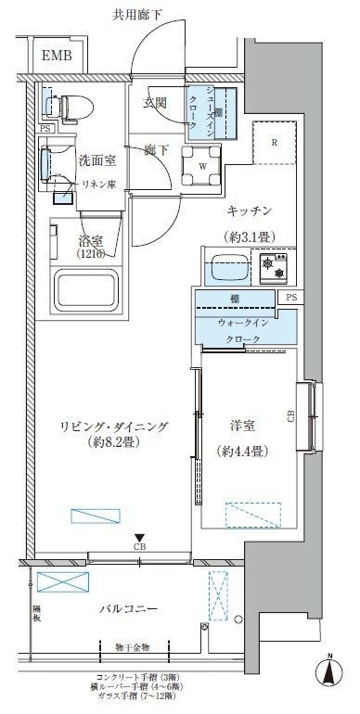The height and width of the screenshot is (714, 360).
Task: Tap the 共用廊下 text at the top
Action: (x=137, y=13)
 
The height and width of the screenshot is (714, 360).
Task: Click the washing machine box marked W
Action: (x=200, y=168)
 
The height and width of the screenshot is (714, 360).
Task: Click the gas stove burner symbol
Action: (x=276, y=268)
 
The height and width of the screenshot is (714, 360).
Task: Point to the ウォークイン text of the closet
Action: (x=242, y=322)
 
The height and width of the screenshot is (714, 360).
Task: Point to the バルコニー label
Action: (x=131, y=609)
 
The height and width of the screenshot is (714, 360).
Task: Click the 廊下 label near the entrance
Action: (x=155, y=148)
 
